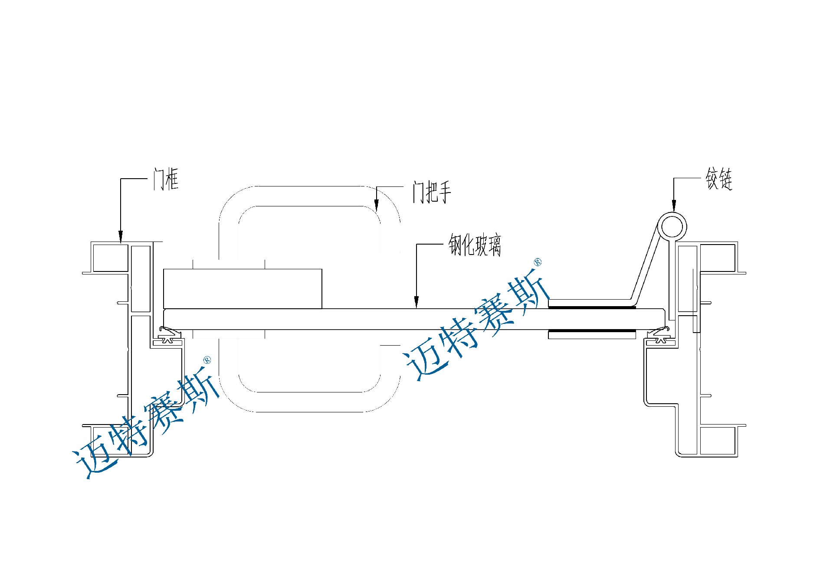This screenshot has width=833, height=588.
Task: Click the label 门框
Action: pyautogui.click(x=166, y=179)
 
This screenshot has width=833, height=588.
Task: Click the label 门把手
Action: pyautogui.click(x=432, y=193)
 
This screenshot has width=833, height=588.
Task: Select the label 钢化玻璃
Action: pyautogui.click(x=475, y=245)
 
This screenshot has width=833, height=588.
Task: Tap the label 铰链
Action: pyautogui.click(x=719, y=179)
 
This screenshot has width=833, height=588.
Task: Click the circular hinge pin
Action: pyautogui.click(x=672, y=227)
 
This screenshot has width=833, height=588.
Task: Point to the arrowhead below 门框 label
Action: pyautogui.click(x=121, y=236)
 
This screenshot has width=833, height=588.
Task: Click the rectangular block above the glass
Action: pyautogui.click(x=243, y=289)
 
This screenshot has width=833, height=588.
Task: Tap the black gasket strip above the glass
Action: pyautogui.click(x=592, y=307)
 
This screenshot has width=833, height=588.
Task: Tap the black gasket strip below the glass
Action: pyautogui.click(x=592, y=331)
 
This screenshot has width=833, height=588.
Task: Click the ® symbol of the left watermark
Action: pyautogui.click(x=207, y=360)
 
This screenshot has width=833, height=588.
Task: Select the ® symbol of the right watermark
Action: pyautogui.click(x=537, y=262)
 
